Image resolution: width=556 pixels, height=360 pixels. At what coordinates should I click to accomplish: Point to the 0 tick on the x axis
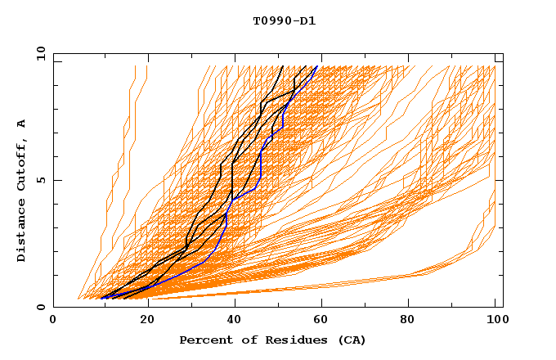(x=54, y=320)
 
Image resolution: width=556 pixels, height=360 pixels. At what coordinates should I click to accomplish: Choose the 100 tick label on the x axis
(x=495, y=320)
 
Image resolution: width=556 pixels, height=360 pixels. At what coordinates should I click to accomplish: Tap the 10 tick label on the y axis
(x=38, y=53)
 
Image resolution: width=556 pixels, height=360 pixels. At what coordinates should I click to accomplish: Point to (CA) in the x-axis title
(x=350, y=340)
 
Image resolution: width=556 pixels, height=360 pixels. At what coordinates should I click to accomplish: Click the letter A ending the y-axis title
(x=22, y=123)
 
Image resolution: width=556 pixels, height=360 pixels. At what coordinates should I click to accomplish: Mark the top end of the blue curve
(x=317, y=66)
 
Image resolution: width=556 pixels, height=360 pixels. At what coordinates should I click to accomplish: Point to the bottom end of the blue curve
(x=101, y=299)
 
